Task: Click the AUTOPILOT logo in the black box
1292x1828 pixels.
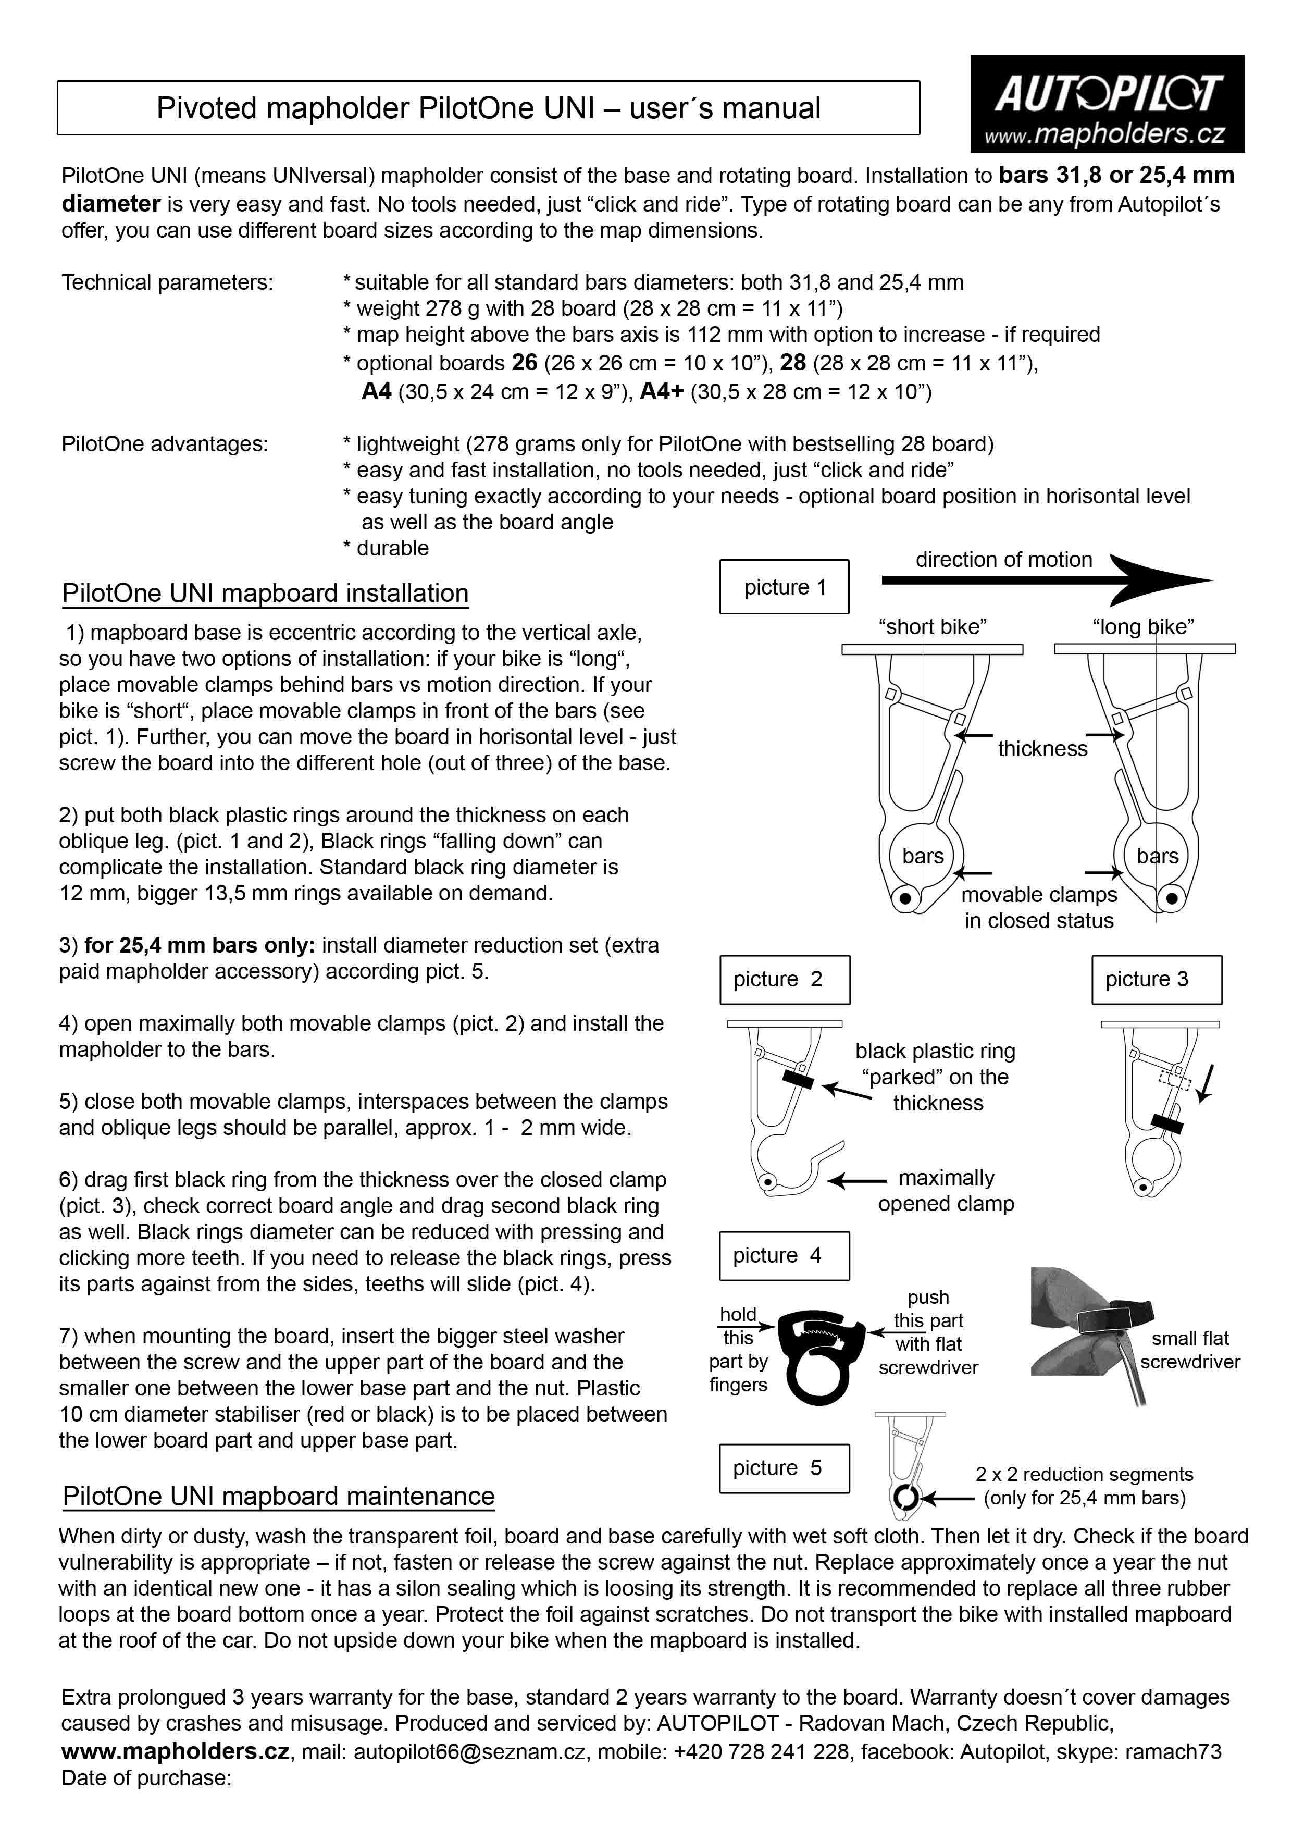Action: coord(1107,94)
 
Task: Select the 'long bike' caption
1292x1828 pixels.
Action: coord(1143,626)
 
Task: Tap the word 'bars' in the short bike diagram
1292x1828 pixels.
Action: coord(923,856)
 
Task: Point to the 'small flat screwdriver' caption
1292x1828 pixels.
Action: coord(1189,1350)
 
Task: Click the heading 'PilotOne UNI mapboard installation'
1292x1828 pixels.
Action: coord(265,593)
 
